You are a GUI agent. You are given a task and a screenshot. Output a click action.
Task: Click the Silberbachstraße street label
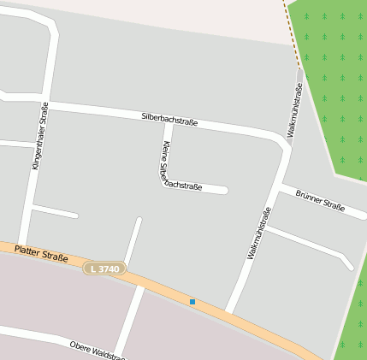click(x=169, y=119)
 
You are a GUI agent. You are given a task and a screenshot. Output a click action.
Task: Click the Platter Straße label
click(x=41, y=251)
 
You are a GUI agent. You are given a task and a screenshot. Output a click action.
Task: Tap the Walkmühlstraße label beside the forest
click(x=294, y=110)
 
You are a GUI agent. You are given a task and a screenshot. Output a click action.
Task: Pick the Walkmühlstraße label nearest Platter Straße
click(x=258, y=233)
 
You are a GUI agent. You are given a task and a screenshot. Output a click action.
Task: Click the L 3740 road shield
click(x=105, y=269)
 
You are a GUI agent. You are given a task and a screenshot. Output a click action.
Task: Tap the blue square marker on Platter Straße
click(x=192, y=301)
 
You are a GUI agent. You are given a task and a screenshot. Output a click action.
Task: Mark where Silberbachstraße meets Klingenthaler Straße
click(x=45, y=103)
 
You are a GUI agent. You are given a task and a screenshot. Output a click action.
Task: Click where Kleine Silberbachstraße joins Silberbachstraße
click(x=168, y=122)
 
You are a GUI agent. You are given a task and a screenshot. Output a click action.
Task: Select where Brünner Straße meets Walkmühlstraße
click(x=281, y=183)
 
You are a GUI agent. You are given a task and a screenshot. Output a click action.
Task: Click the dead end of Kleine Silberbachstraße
click(x=226, y=190)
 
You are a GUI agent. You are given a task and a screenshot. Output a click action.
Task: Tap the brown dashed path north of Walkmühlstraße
click(x=292, y=34)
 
